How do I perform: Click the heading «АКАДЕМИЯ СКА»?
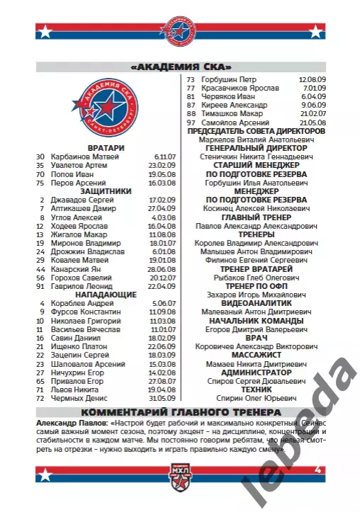(179, 67)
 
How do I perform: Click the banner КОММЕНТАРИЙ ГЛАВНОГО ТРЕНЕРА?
(179, 412)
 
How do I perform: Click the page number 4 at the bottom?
(318, 470)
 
